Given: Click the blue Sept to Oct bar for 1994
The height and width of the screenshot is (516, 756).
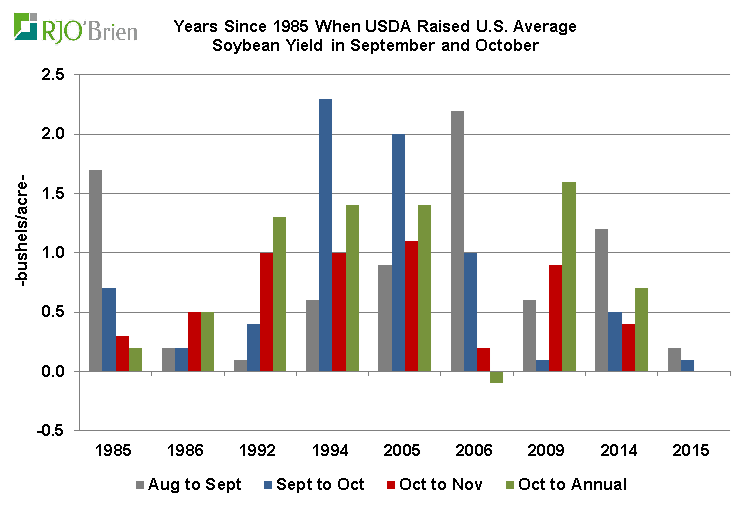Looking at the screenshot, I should click(x=325, y=235).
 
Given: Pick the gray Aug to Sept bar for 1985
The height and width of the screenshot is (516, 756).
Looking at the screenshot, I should click(x=95, y=271).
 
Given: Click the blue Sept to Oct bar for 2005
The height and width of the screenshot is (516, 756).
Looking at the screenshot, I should click(x=397, y=253).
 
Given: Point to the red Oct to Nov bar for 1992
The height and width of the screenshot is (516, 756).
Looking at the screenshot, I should click(x=267, y=312).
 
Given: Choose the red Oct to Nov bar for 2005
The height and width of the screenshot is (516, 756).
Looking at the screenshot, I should click(x=410, y=306).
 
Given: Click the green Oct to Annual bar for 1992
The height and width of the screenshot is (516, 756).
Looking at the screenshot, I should click(x=280, y=294).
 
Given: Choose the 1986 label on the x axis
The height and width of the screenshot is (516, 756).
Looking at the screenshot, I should click(x=187, y=451).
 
